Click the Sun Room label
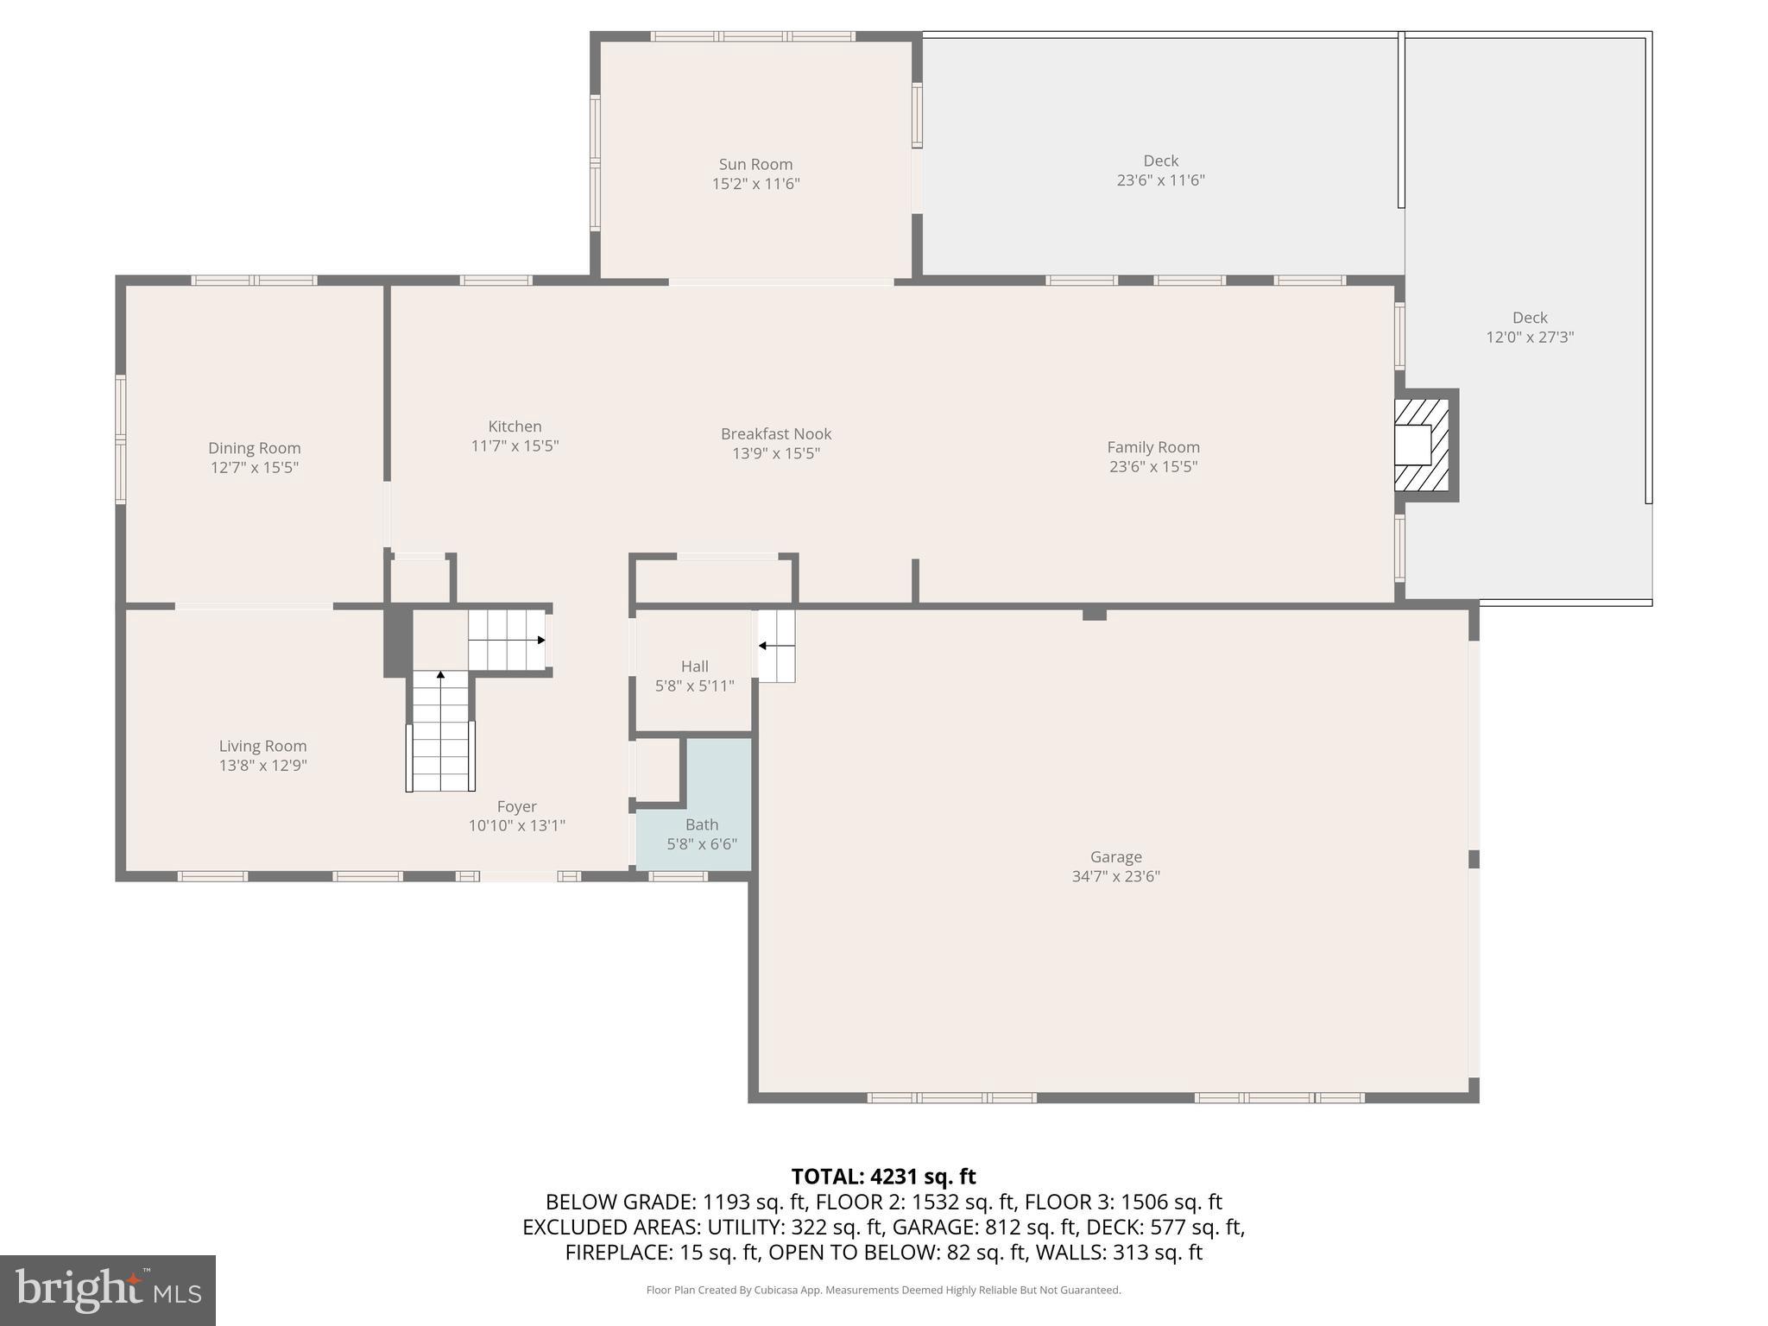point(755,164)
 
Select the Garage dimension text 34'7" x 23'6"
point(1115,876)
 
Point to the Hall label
point(694,666)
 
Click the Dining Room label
point(254,448)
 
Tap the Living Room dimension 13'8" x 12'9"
point(262,766)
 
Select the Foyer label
point(516,806)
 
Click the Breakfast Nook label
point(776,434)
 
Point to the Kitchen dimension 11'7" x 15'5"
point(515,446)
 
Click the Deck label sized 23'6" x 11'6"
point(1160,161)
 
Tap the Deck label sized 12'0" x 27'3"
point(1529,318)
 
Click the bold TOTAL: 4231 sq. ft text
point(883,1177)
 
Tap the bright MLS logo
point(107,1291)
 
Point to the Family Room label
point(1153,447)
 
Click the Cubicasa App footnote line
point(883,1291)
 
